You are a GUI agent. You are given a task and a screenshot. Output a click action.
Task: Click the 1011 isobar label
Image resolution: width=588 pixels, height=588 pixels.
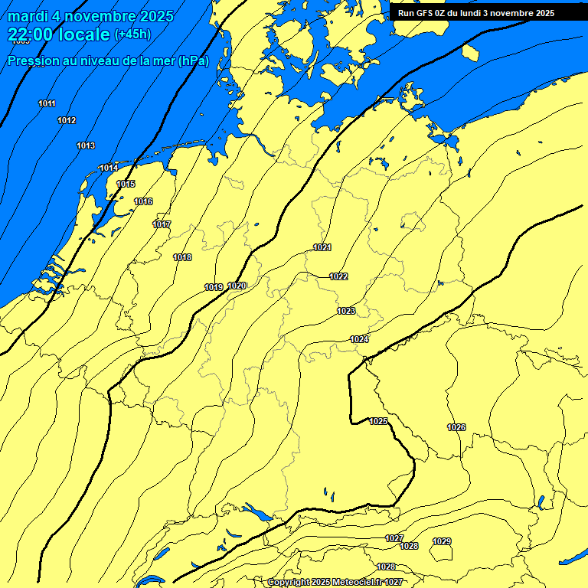coord(47,103)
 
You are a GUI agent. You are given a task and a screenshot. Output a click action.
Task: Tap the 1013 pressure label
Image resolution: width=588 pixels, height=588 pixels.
coord(86,145)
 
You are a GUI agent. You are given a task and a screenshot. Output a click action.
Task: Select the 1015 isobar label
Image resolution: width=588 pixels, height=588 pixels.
coord(126,184)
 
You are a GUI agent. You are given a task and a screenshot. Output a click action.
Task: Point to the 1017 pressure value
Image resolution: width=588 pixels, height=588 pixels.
coord(162,224)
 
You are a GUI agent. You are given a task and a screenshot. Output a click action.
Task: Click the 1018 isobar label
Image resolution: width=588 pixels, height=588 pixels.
coord(182,257)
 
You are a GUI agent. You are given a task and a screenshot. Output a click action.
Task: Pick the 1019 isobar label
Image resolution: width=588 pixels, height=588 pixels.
coord(214,287)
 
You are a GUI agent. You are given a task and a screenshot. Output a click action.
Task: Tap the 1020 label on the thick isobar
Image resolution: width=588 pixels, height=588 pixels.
coord(237,286)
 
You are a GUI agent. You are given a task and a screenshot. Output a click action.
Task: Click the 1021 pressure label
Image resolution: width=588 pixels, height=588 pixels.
coord(322,247)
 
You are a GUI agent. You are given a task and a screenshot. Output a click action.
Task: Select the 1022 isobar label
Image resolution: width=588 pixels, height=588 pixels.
coord(338,276)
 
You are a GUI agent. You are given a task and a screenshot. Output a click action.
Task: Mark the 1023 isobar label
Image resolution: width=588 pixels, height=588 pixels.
coord(346,311)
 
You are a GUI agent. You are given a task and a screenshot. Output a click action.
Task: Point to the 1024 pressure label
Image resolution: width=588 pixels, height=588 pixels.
coord(359,339)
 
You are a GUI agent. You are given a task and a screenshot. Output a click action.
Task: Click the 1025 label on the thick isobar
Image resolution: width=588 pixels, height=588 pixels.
coord(378,421)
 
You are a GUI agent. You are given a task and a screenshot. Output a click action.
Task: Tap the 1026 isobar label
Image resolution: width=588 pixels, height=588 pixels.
coord(456,427)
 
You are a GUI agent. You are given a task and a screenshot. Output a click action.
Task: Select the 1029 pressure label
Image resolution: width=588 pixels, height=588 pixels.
coord(442,541)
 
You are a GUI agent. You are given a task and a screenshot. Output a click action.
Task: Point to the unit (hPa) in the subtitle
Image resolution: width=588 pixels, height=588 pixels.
coord(193,60)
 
